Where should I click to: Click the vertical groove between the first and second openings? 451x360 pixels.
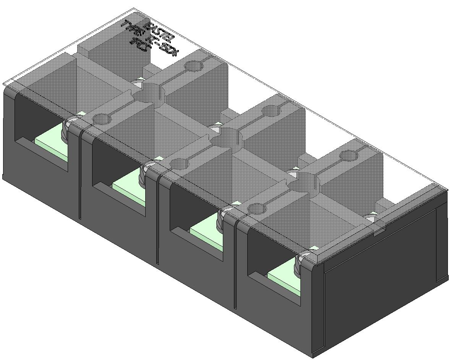[x=80, y=176]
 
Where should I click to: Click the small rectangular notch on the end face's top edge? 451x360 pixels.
[x=379, y=230]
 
